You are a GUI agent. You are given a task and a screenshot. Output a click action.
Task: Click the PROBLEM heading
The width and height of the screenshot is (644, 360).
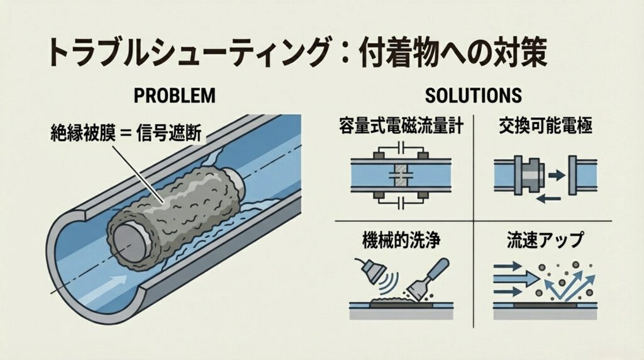pos(175,95)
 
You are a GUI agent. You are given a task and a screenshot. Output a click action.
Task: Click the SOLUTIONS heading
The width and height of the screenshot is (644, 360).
pos(473,95)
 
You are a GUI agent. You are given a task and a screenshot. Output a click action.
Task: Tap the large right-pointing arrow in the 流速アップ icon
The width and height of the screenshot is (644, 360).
pos(517,277)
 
